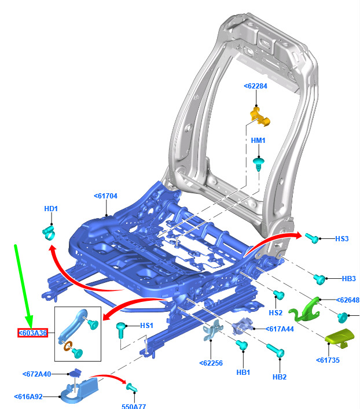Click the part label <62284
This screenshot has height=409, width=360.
[x=255, y=86]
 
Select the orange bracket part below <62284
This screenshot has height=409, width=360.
[x=260, y=117]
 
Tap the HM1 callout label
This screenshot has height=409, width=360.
[x=258, y=141]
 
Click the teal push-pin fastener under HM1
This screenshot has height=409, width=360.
[x=259, y=164]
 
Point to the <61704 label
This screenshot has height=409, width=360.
[x=105, y=196]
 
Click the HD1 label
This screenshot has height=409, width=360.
[x=51, y=209]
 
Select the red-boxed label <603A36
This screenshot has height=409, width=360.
[x=32, y=333]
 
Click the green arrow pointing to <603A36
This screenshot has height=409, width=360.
[x=23, y=286]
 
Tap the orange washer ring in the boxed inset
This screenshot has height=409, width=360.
[x=67, y=346]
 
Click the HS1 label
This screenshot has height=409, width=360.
[x=146, y=326]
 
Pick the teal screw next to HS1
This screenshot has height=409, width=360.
[x=121, y=330]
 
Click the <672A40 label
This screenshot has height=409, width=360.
[x=37, y=374]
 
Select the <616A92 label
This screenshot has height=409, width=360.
[x=28, y=397]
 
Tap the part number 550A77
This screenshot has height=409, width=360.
[x=134, y=406]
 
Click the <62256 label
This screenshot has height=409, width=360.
[x=211, y=363]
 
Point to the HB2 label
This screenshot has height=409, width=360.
[x=280, y=377]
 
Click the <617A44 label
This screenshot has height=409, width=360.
[x=280, y=329]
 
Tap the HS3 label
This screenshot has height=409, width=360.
[x=341, y=239]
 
